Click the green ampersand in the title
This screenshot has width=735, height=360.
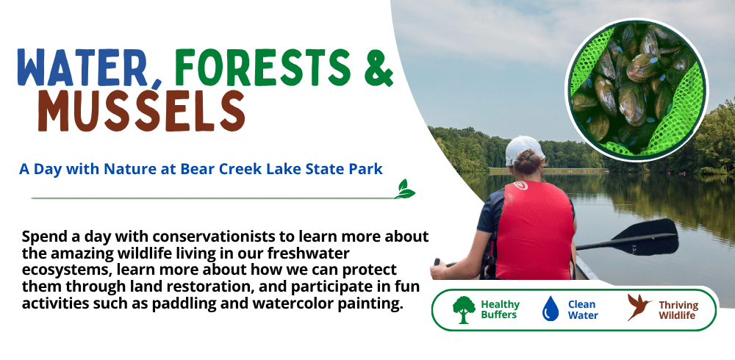coord(379,67)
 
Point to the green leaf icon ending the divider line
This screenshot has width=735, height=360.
coord(404,189)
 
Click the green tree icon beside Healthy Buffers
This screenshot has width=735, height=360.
coord(464,310)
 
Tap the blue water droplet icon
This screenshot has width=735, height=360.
coord(551,309)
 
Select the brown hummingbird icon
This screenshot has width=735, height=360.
coord(639,308)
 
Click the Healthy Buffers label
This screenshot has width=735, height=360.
coord(500,310)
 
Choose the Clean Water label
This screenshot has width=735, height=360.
coord(583,310)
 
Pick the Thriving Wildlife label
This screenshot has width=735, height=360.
coord(678,310)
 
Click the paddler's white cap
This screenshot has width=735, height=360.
coord(524,149)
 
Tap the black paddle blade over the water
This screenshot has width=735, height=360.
coord(653,237)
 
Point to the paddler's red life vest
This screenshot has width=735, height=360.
coord(534,230)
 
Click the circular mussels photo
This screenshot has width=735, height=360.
coord(637,90)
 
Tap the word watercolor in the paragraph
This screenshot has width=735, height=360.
coord(293,303)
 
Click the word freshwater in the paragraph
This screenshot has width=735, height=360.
coord(310,253)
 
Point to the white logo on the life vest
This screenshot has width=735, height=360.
coord(520,186)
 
